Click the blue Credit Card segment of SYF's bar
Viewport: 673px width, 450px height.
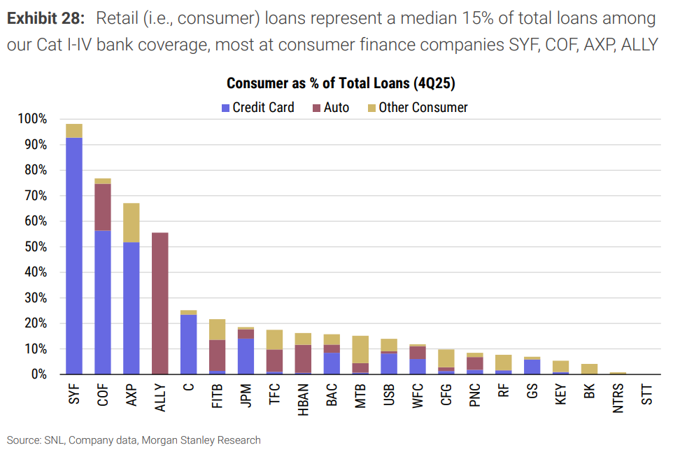pyautogui.click(x=74, y=256)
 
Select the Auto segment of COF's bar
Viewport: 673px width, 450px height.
pyautogui.click(x=103, y=207)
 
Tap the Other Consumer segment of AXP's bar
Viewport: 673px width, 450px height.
pyautogui.click(x=132, y=223)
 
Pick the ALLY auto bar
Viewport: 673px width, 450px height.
pyautogui.click(x=160, y=303)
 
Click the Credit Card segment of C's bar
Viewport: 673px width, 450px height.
pyautogui.click(x=188, y=344)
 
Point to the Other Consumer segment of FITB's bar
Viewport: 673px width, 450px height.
pyautogui.click(x=217, y=330)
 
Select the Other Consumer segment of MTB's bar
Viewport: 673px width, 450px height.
pyautogui.click(x=360, y=349)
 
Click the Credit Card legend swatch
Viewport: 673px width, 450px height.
pyautogui.click(x=225, y=108)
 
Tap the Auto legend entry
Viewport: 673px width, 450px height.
pyautogui.click(x=331, y=108)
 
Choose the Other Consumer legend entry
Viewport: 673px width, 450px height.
pyautogui.click(x=418, y=108)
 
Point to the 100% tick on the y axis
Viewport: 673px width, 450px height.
pyautogui.click(x=32, y=119)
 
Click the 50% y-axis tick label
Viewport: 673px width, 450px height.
pyautogui.click(x=36, y=247)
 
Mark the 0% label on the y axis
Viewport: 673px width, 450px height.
pyautogui.click(x=39, y=374)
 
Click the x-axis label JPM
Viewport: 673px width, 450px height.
pyautogui.click(x=246, y=395)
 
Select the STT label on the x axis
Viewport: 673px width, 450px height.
pyautogui.click(x=647, y=395)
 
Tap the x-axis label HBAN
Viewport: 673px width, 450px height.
pyautogui.click(x=303, y=400)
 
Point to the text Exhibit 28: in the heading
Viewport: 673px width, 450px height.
pyautogui.click(x=46, y=18)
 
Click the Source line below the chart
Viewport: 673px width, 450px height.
pyautogui.click(x=134, y=440)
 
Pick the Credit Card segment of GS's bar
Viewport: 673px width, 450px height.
pyautogui.click(x=532, y=367)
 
